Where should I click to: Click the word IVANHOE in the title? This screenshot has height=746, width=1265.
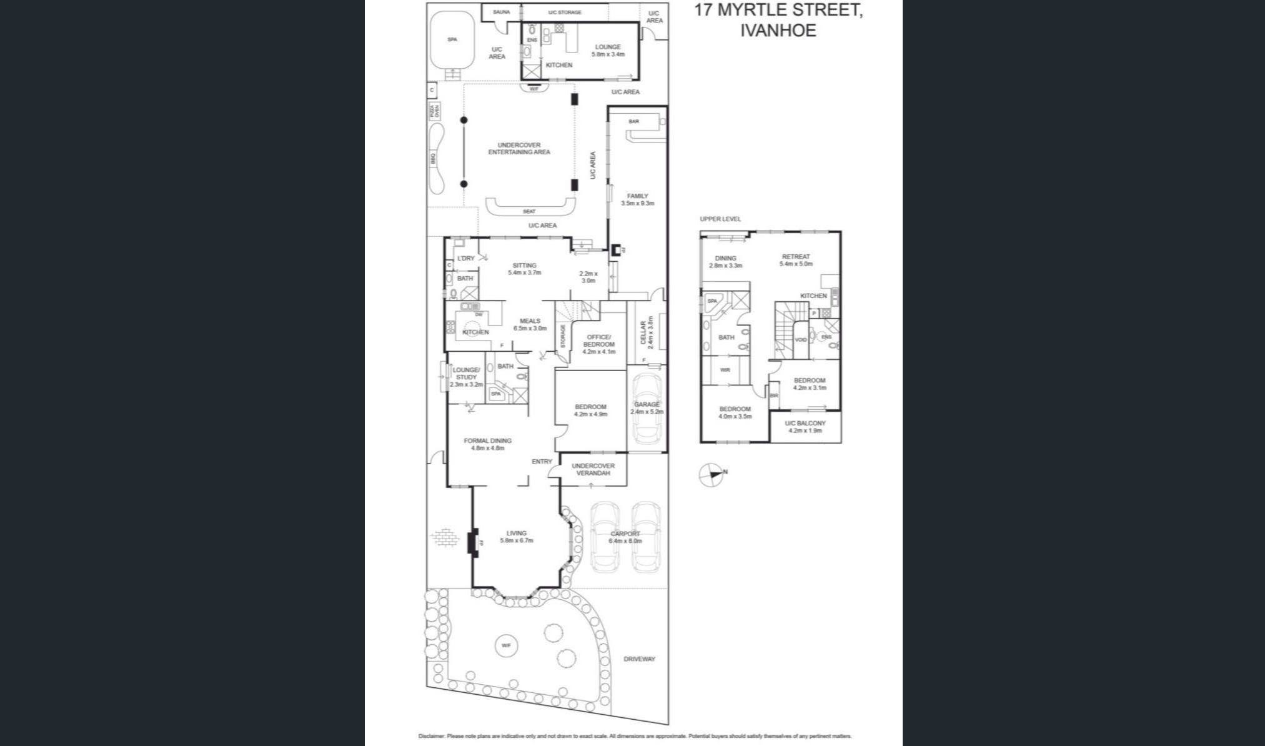[x=778, y=31]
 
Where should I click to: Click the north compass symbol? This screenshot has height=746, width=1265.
[x=710, y=475]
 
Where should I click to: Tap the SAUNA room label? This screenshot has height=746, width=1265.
[x=501, y=12]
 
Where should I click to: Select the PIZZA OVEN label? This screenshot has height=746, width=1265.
[x=434, y=112]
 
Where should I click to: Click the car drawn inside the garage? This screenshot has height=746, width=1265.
[x=647, y=410]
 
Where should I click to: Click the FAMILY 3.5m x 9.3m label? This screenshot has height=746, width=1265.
[x=637, y=199]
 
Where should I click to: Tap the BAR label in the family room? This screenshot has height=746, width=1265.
[x=633, y=121]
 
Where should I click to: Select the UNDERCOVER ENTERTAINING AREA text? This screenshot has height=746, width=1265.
[x=518, y=149]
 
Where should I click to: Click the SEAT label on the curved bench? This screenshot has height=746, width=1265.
[x=528, y=211]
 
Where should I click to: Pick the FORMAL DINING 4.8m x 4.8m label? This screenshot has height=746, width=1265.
[x=487, y=444]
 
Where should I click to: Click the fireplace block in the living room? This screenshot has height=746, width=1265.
[x=474, y=541]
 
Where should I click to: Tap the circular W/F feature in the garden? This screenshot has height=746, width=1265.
[x=506, y=645]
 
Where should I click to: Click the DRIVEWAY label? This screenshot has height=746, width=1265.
[x=639, y=659]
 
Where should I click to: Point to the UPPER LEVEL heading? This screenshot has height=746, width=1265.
[x=720, y=219]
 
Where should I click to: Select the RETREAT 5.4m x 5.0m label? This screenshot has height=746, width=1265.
[x=795, y=260]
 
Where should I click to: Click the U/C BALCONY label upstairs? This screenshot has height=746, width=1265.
[x=805, y=427]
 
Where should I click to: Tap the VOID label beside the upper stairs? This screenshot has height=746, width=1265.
[x=800, y=340]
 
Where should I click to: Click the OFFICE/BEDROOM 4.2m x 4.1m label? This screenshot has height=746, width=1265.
[x=598, y=344]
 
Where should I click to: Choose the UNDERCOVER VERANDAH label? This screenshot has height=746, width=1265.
[x=593, y=469]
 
